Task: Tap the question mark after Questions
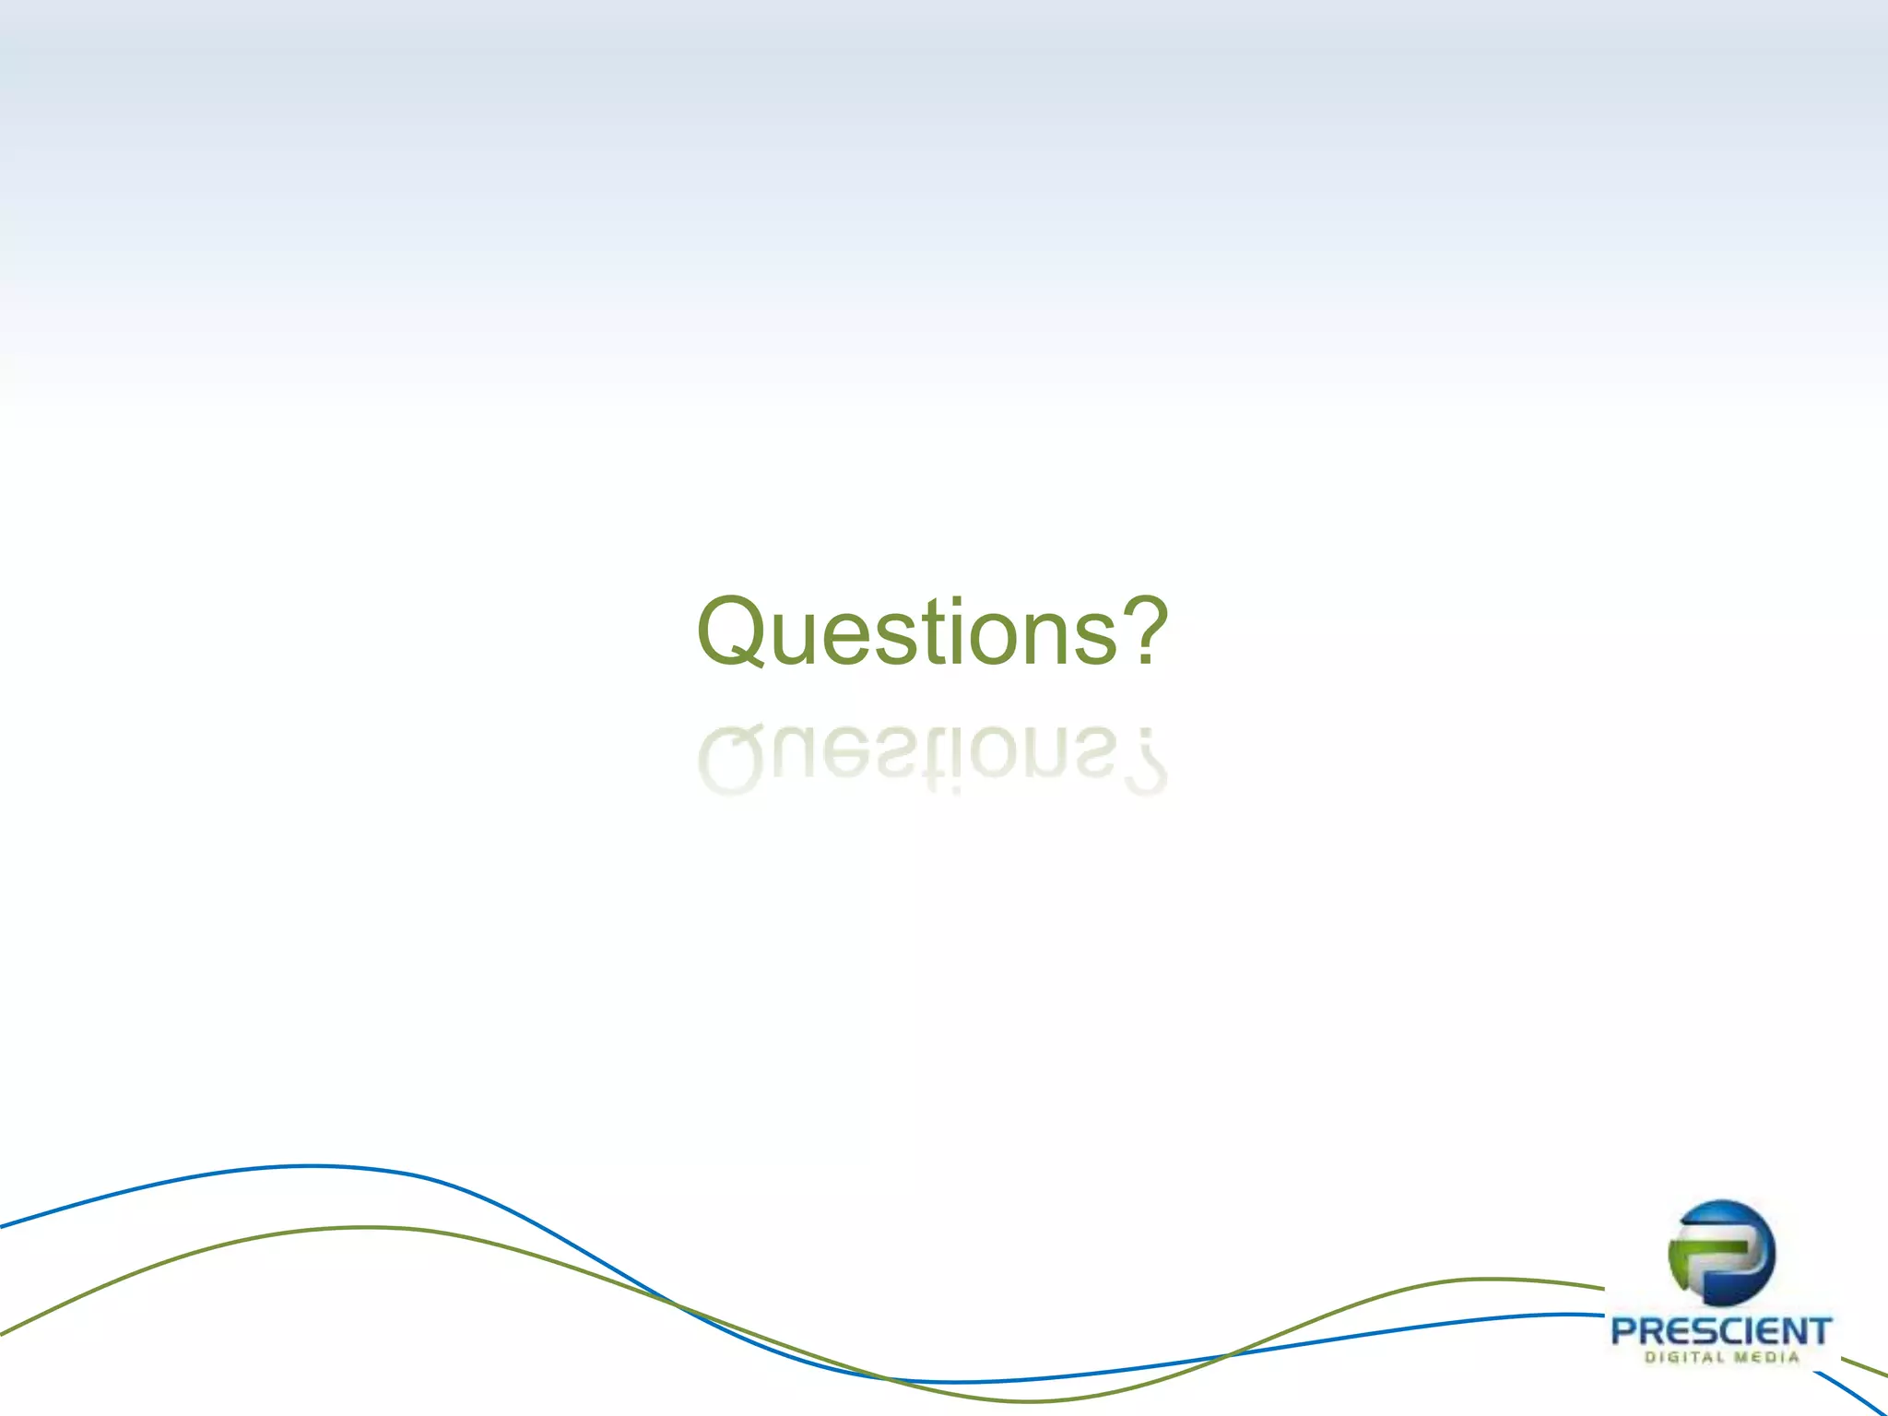coord(1144,631)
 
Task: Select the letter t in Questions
coord(931,634)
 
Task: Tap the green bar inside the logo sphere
coord(1713,1246)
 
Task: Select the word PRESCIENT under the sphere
coord(1720,1332)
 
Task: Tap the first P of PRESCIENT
coord(1624,1332)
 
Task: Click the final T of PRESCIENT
coord(1818,1332)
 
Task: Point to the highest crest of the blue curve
coord(313,1167)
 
